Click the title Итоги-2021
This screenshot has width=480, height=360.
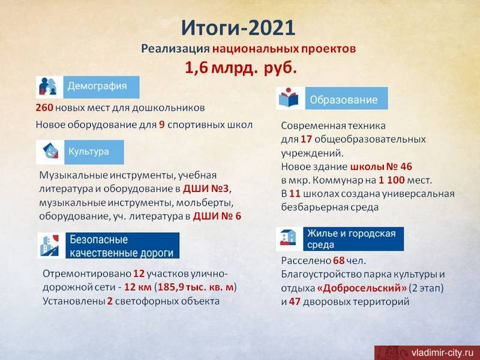[x=238, y=28]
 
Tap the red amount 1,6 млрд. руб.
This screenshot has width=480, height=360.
[x=241, y=67]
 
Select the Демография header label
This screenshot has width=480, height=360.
[x=97, y=86]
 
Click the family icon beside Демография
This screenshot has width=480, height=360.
[x=49, y=86]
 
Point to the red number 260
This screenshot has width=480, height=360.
[x=44, y=108]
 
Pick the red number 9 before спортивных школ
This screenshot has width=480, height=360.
[x=162, y=125]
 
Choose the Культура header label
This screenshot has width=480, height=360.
[x=88, y=152]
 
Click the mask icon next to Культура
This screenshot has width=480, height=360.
[x=50, y=151]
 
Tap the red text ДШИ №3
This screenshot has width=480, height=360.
[x=206, y=189]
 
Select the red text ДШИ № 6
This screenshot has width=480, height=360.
[x=217, y=217]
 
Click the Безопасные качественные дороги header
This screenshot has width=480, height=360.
[x=122, y=246]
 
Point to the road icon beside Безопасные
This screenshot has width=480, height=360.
[x=50, y=245]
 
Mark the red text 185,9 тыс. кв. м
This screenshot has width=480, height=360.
[x=196, y=287]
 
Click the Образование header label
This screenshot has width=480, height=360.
[x=344, y=100]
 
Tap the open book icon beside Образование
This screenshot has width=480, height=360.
[x=289, y=98]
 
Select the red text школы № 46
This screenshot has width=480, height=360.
[x=381, y=167]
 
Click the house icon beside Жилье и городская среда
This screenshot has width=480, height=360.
[x=288, y=238]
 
